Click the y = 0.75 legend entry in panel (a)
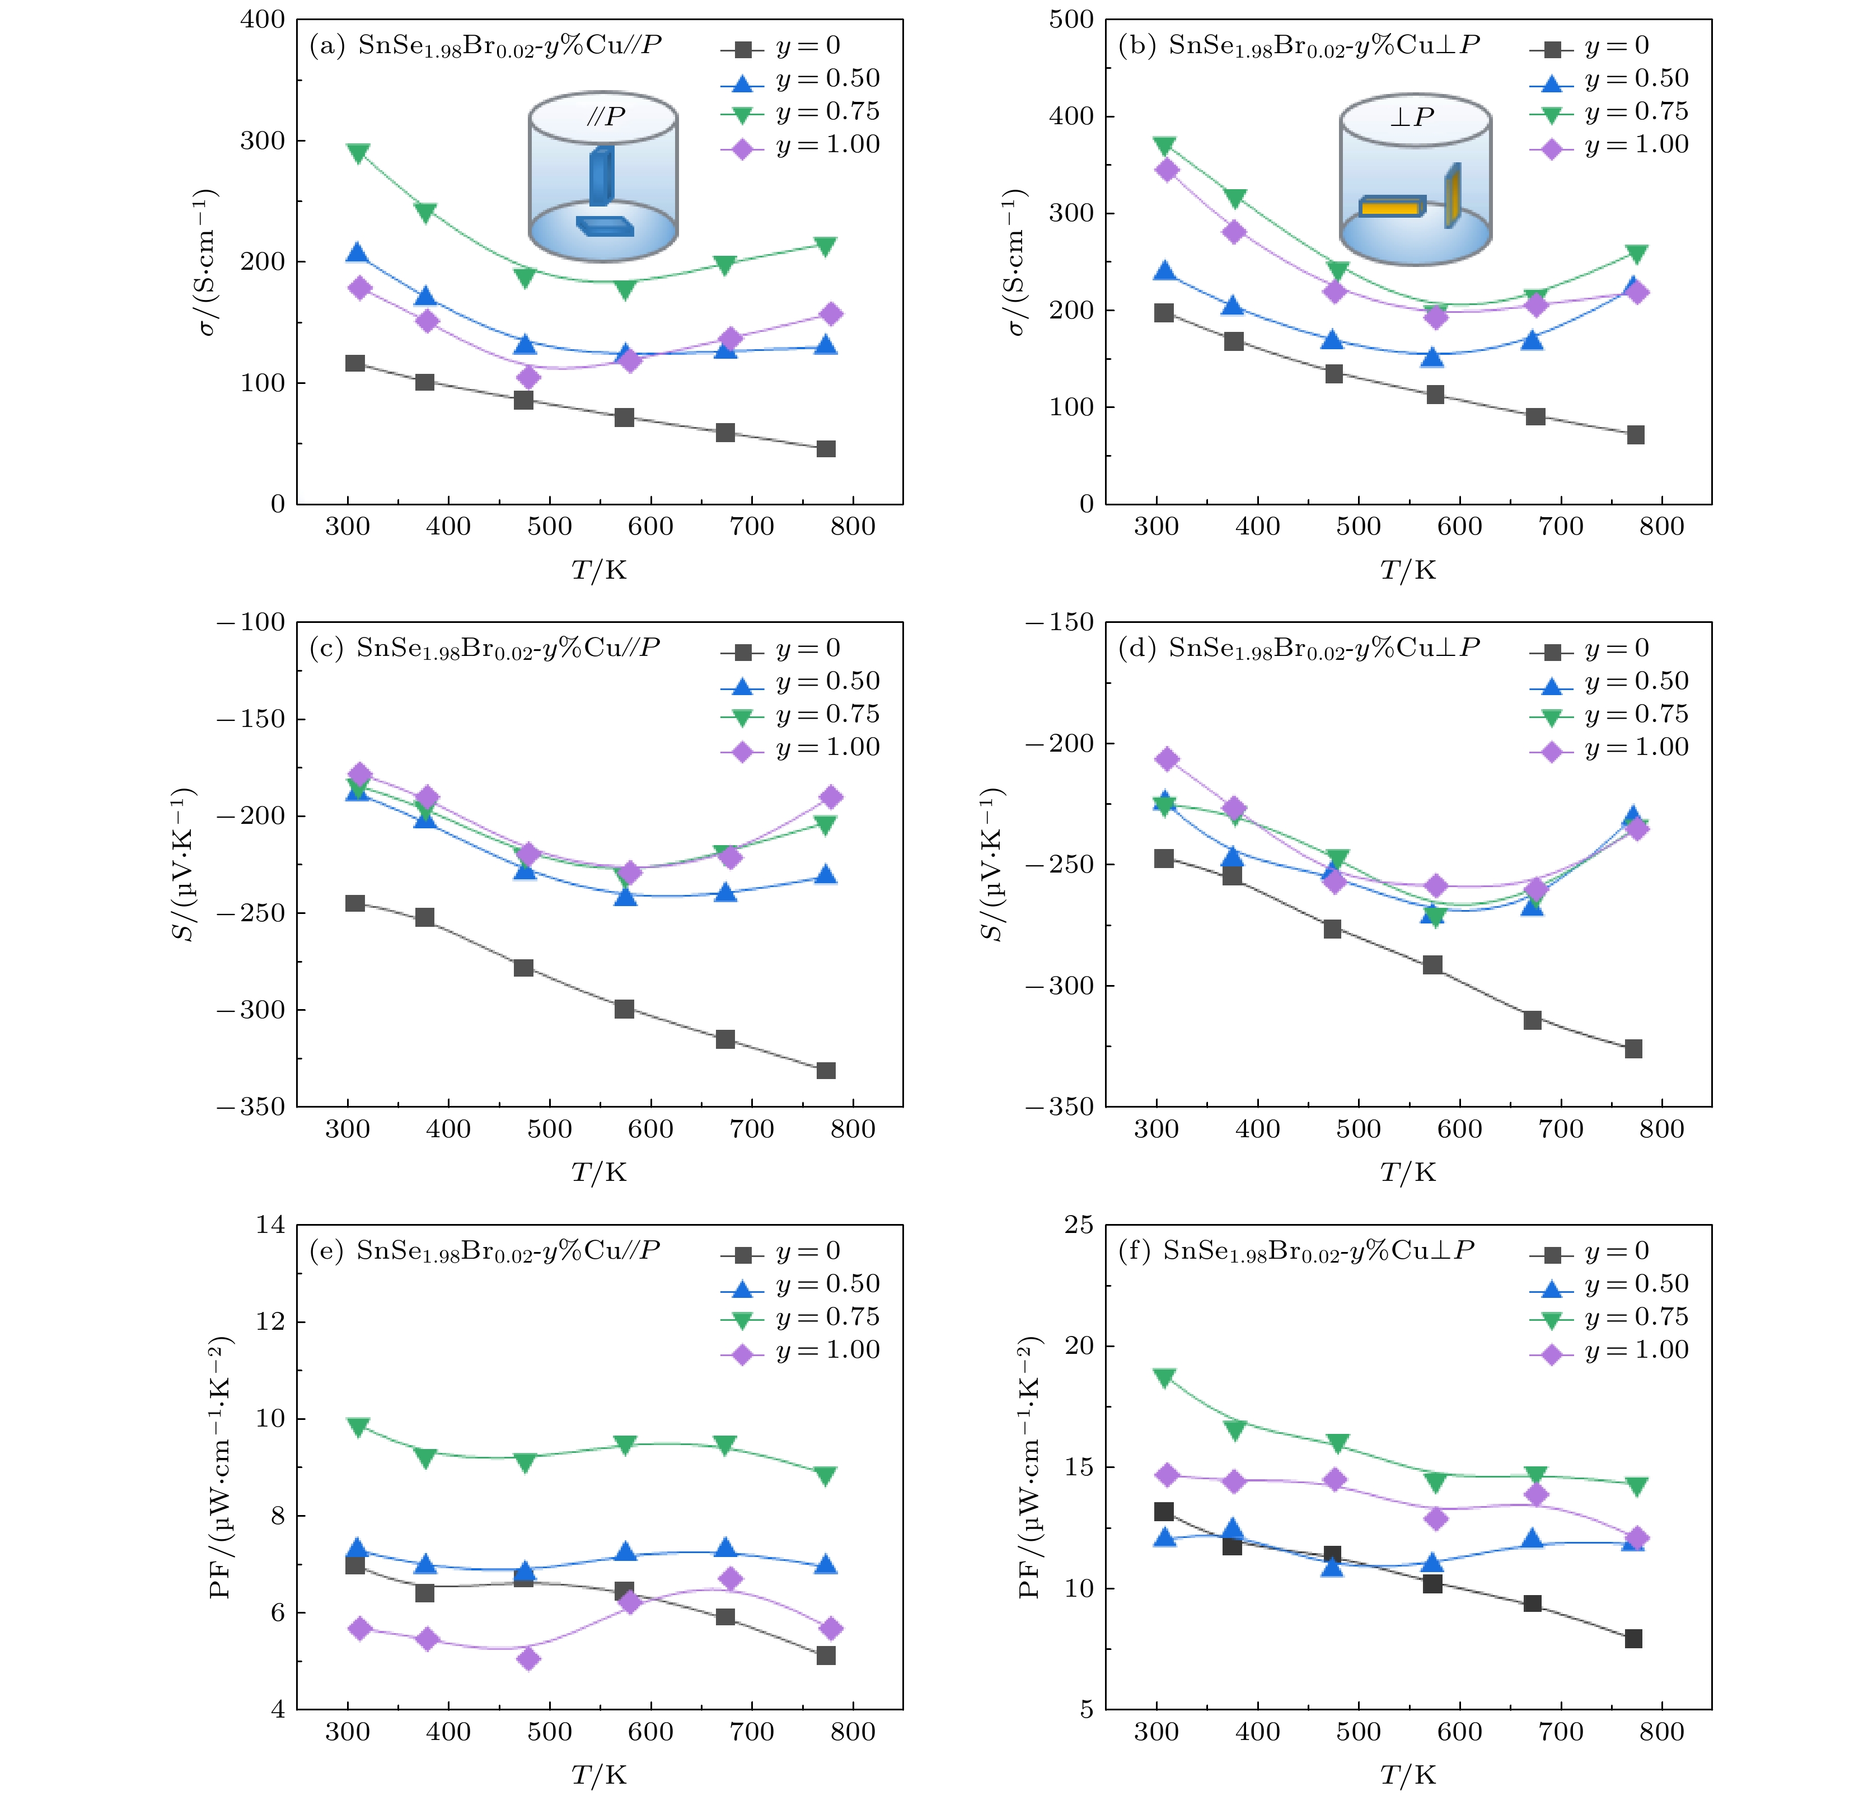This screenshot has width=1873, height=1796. (801, 112)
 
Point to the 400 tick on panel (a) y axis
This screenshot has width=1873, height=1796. (262, 20)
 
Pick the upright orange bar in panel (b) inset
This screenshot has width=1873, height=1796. (1453, 196)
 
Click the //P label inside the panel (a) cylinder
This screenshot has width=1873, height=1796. (605, 118)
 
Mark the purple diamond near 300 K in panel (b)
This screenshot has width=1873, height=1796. (1167, 170)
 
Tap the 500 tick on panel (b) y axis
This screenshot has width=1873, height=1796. (1071, 20)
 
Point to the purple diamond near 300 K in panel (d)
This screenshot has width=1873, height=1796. (1167, 759)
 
